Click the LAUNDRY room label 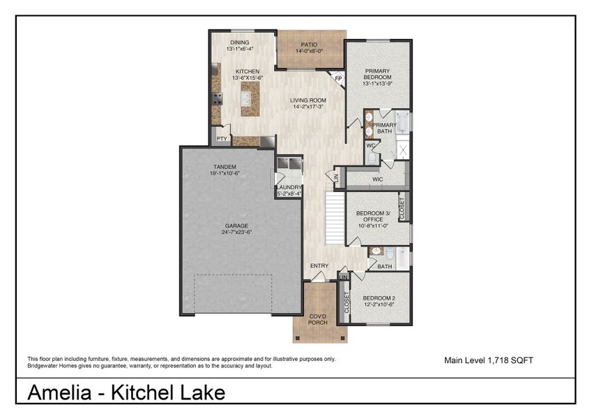tap(289, 187)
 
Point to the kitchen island tap(249, 99)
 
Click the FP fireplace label tap(338, 78)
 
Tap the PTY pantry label tap(222, 139)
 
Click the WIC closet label tap(377, 179)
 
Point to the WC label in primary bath tap(371, 145)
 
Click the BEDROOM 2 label tap(379, 299)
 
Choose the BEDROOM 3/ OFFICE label tap(370, 216)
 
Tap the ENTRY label tap(319, 266)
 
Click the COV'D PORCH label tap(318, 319)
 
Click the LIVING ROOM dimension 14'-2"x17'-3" tap(308, 107)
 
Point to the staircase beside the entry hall tap(335, 219)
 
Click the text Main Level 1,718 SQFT tap(489, 360)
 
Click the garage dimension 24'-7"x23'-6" tap(227, 233)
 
